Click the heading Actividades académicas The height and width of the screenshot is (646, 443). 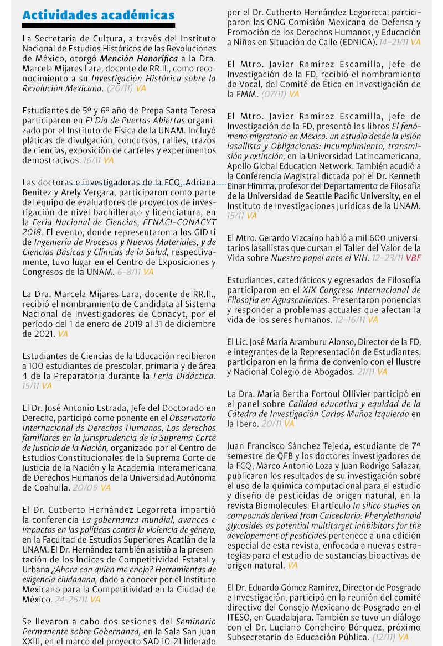coord(99,15)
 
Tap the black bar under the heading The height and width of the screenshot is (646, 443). coord(99,25)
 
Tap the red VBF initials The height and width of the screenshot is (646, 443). coord(413,258)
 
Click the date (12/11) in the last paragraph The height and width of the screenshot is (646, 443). coord(384,637)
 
